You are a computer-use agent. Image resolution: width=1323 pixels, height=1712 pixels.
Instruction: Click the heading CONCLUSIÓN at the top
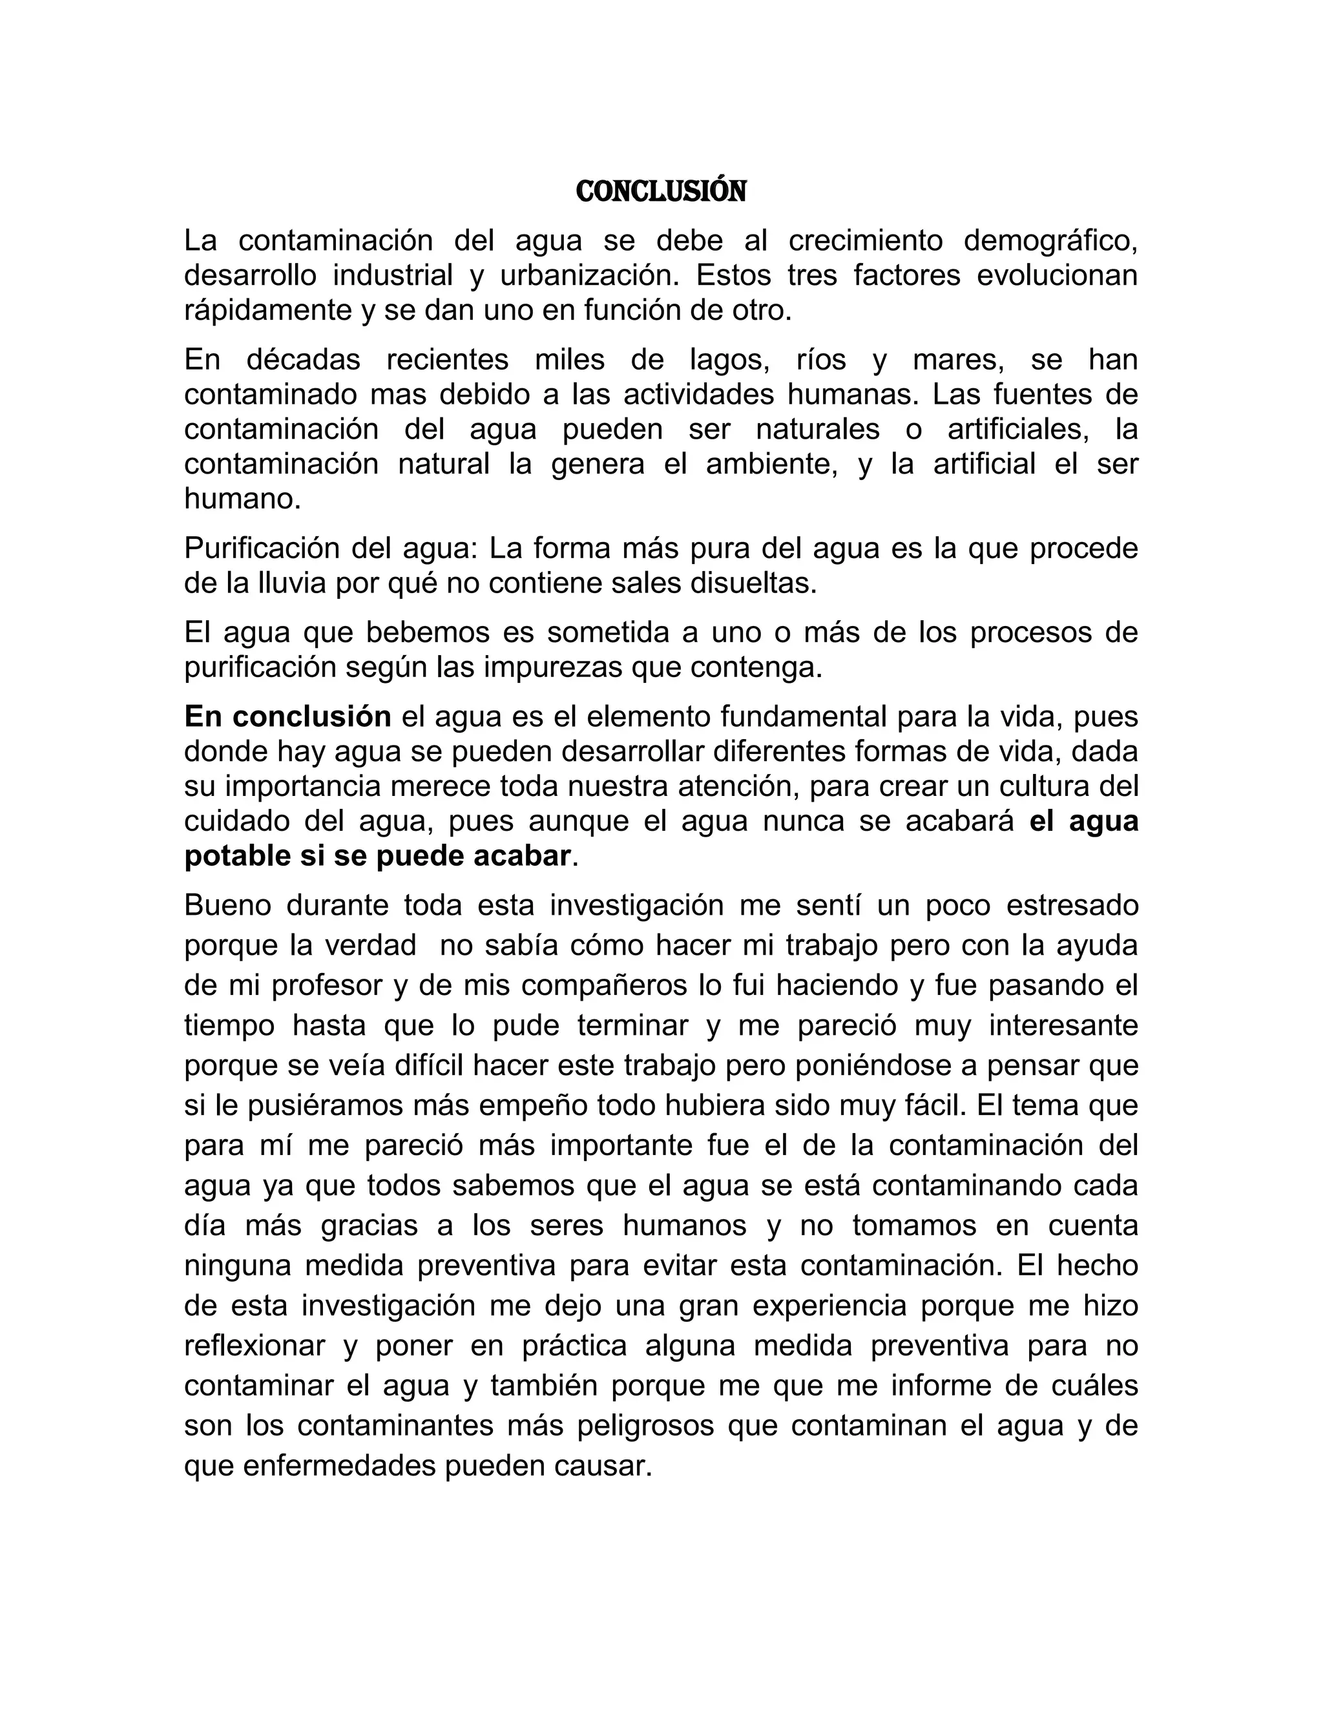(x=661, y=191)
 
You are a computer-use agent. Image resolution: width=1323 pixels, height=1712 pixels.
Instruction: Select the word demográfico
(x=1050, y=242)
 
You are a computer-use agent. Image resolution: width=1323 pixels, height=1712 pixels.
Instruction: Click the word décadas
(x=304, y=360)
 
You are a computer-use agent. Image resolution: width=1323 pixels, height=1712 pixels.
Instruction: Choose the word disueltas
(x=753, y=583)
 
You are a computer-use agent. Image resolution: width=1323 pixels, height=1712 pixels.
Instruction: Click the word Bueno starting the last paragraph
(x=225, y=905)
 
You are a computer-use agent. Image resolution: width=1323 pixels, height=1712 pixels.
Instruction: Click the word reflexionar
(x=255, y=1346)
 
